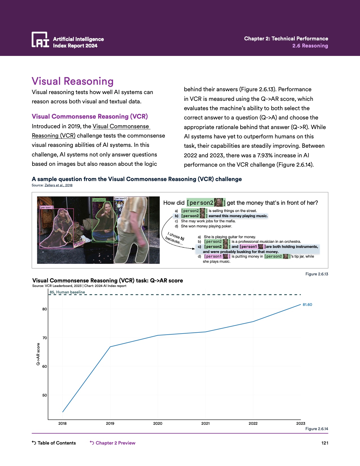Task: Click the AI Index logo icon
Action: click(40, 40)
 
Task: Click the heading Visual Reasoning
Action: click(73, 81)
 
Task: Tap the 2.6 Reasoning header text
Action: click(310, 46)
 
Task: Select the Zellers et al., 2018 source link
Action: click(58, 185)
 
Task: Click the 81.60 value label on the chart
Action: click(307, 305)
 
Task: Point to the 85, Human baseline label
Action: click(67, 292)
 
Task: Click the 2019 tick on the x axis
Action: click(110, 423)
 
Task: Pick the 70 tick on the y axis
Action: click(45, 338)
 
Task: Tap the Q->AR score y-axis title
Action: click(38, 354)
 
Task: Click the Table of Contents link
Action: click(54, 443)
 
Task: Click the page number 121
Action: click(325, 443)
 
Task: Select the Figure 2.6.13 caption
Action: click(317, 274)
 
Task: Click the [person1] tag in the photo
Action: click(46, 207)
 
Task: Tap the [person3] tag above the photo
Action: click(121, 199)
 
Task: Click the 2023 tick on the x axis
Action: click(301, 423)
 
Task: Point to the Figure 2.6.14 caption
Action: click(317, 429)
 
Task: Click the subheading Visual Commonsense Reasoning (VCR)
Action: click(90, 116)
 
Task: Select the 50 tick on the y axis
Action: click(45, 395)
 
